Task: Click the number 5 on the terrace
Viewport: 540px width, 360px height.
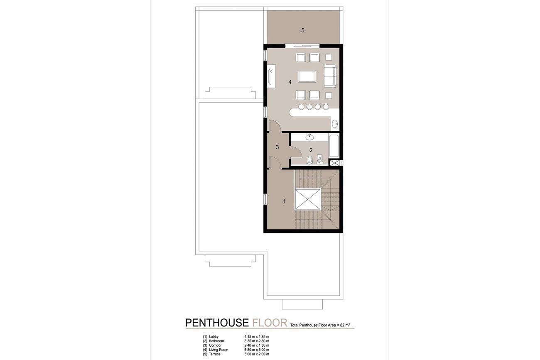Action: (x=303, y=30)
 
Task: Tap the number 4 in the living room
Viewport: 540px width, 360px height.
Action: (x=290, y=83)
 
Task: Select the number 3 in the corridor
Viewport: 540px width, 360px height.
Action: (x=277, y=147)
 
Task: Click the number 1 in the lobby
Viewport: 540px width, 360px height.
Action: (x=284, y=201)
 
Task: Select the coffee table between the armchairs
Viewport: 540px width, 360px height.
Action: (x=307, y=76)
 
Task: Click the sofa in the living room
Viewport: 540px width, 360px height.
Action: (x=330, y=76)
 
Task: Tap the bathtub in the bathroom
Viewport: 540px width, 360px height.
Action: (x=334, y=146)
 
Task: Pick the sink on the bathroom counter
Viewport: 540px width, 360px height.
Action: (x=309, y=137)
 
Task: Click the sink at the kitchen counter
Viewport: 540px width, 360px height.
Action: (x=335, y=124)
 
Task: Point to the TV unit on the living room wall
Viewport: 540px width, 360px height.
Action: (x=272, y=76)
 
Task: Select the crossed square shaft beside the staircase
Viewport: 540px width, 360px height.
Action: (x=307, y=200)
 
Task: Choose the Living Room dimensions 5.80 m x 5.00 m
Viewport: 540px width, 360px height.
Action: (x=257, y=350)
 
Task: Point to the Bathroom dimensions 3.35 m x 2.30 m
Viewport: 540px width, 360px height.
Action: (x=257, y=341)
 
